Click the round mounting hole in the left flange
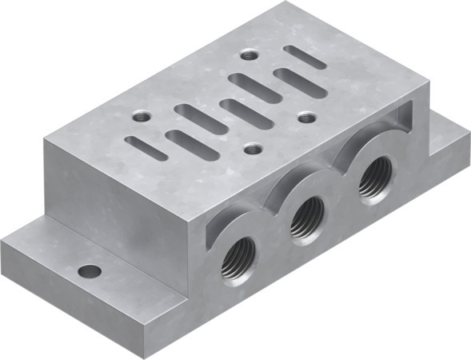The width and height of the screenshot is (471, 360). [90, 271]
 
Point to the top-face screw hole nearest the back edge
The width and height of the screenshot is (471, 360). [250, 55]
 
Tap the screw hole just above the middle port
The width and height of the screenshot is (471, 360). [253, 148]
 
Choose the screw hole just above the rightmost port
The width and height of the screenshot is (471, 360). [307, 118]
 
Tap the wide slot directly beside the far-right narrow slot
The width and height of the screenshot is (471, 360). [297, 82]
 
